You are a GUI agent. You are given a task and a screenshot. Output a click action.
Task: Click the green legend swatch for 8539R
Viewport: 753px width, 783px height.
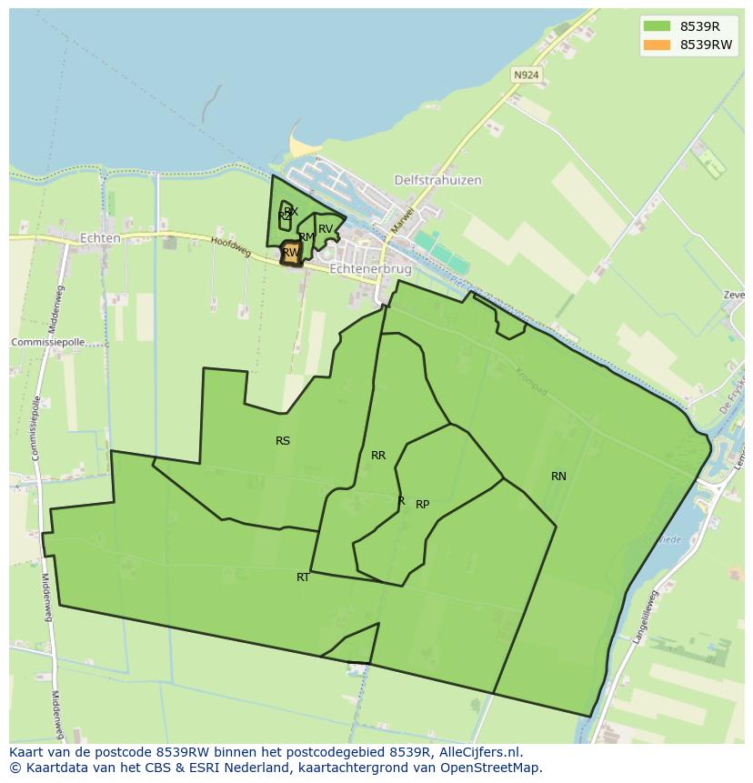point(657,26)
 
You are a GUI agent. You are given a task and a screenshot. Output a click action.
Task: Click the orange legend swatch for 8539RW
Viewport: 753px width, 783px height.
point(657,45)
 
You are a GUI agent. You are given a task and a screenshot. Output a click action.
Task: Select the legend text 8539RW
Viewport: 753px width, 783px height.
point(706,45)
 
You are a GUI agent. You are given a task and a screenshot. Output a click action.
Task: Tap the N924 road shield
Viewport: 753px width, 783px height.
point(524,75)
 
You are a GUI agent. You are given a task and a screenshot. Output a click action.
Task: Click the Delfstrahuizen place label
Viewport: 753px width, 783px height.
point(437,180)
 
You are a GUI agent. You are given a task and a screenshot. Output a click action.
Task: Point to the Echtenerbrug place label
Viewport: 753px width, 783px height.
point(370,269)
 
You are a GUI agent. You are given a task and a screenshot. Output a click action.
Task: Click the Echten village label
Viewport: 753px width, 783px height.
point(100,238)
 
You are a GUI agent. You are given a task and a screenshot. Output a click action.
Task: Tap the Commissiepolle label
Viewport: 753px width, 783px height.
point(47,342)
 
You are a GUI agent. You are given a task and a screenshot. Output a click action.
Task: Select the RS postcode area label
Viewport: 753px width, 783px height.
point(283,441)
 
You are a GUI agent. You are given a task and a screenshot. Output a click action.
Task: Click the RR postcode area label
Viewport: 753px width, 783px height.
point(378,456)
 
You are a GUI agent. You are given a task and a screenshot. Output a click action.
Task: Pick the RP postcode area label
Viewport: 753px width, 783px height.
point(422,505)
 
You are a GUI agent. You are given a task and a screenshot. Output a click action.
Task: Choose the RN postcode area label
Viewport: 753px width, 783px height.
point(558,477)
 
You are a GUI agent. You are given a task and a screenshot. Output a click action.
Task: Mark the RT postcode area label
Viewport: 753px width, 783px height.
point(303,577)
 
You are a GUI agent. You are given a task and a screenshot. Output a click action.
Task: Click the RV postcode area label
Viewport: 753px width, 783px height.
point(326,229)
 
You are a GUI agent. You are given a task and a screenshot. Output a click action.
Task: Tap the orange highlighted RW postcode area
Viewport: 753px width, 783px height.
point(290,253)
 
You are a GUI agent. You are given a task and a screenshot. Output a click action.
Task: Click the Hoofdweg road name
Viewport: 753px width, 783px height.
point(230,246)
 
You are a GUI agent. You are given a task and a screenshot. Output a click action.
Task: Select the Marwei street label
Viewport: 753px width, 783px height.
point(401,217)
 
